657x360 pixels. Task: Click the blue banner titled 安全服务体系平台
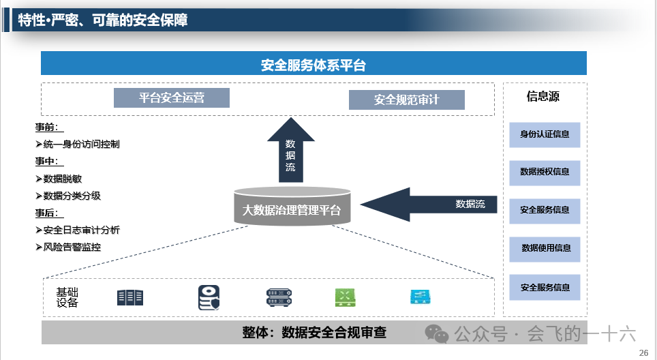(314, 64)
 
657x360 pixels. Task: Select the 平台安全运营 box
(172, 97)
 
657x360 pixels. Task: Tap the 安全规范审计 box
(406, 100)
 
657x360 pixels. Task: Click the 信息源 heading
(543, 96)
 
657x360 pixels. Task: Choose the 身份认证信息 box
(545, 134)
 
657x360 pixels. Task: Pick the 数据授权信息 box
(545, 172)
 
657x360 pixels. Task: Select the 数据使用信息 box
(545, 248)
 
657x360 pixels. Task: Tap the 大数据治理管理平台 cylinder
(292, 207)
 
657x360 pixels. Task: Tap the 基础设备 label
(67, 297)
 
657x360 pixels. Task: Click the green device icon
(346, 297)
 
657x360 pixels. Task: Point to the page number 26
(643, 352)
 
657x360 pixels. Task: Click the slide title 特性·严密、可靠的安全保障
(103, 20)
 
